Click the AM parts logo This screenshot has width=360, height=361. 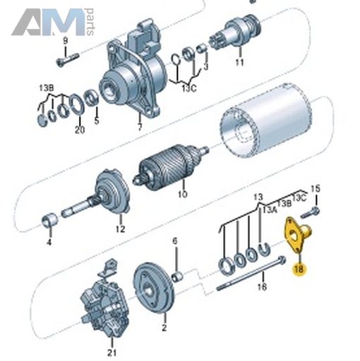pyautogui.click(x=53, y=22)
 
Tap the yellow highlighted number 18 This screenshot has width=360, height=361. pyautogui.click(x=299, y=269)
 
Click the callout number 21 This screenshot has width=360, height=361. pyautogui.click(x=112, y=353)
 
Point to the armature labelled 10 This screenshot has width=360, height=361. pyautogui.click(x=171, y=166)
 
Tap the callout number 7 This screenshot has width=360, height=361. pyautogui.click(x=140, y=127)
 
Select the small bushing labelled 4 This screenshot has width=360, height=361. pyautogui.click(x=49, y=219)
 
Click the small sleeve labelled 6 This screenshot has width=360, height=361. pyautogui.click(x=178, y=276)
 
